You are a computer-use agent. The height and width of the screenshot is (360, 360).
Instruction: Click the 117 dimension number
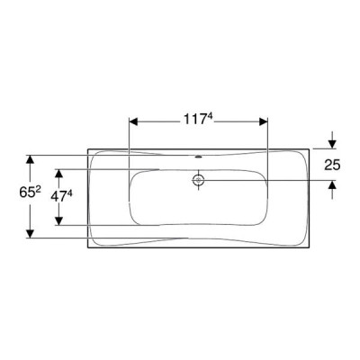pyautogui.click(x=195, y=120)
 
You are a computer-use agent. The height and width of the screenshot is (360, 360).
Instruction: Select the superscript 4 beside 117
pyautogui.click(x=210, y=117)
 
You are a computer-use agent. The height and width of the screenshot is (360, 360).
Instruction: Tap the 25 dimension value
pyautogui.click(x=332, y=165)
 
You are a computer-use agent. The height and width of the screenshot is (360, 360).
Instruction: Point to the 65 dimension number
pyautogui.click(x=27, y=193)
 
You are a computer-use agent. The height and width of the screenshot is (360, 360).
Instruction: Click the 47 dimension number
pyautogui.click(x=58, y=197)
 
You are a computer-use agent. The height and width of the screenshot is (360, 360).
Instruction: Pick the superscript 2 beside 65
pyautogui.click(x=38, y=190)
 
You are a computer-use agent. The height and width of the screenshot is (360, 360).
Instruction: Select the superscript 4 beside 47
pyautogui.click(x=69, y=194)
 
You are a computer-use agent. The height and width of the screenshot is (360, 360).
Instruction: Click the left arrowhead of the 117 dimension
pyautogui.click(x=133, y=121)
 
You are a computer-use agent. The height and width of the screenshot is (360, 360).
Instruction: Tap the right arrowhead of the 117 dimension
pyautogui.click(x=263, y=121)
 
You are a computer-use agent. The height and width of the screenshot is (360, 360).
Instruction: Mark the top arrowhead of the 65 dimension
pyautogui.click(x=30, y=159)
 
